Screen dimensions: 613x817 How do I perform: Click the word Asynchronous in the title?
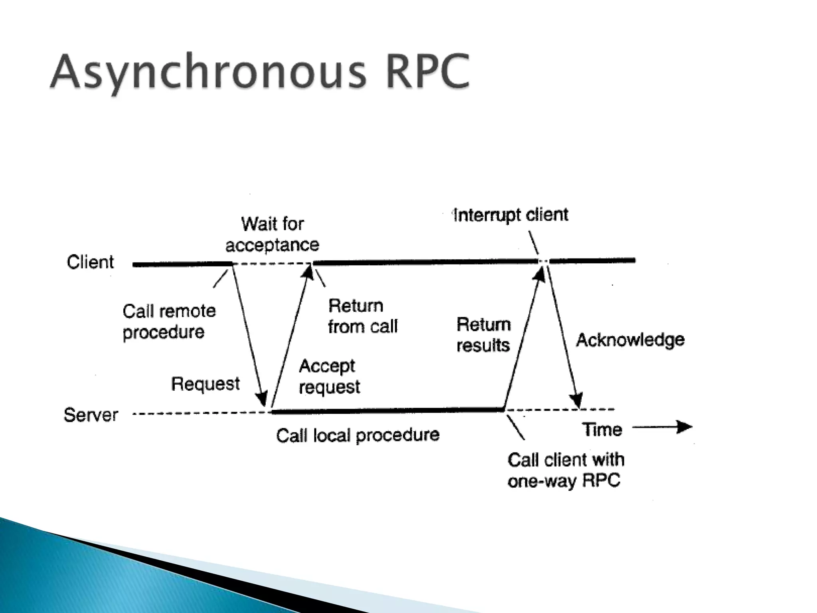click(207, 72)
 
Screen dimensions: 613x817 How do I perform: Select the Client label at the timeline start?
click(90, 262)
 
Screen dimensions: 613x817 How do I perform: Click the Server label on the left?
click(91, 415)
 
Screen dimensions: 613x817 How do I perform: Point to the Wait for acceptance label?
click(272, 235)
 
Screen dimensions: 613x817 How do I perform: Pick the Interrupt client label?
click(511, 215)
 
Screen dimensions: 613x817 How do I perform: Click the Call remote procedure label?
click(169, 322)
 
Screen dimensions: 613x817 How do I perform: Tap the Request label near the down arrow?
click(205, 384)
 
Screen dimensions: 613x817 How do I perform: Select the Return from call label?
click(362, 316)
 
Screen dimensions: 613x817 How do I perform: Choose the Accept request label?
click(329, 376)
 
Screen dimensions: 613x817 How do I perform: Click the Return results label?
click(483, 335)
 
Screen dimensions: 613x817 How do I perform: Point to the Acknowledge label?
click(630, 340)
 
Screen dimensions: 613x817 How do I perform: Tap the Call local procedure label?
click(357, 435)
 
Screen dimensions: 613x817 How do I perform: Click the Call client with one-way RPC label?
click(565, 470)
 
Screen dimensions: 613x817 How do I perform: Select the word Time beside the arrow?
click(602, 429)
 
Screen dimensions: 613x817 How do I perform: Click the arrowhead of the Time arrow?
click(685, 427)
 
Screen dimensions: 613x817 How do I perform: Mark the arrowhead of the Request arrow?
click(262, 399)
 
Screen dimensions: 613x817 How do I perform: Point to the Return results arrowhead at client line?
click(539, 274)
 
